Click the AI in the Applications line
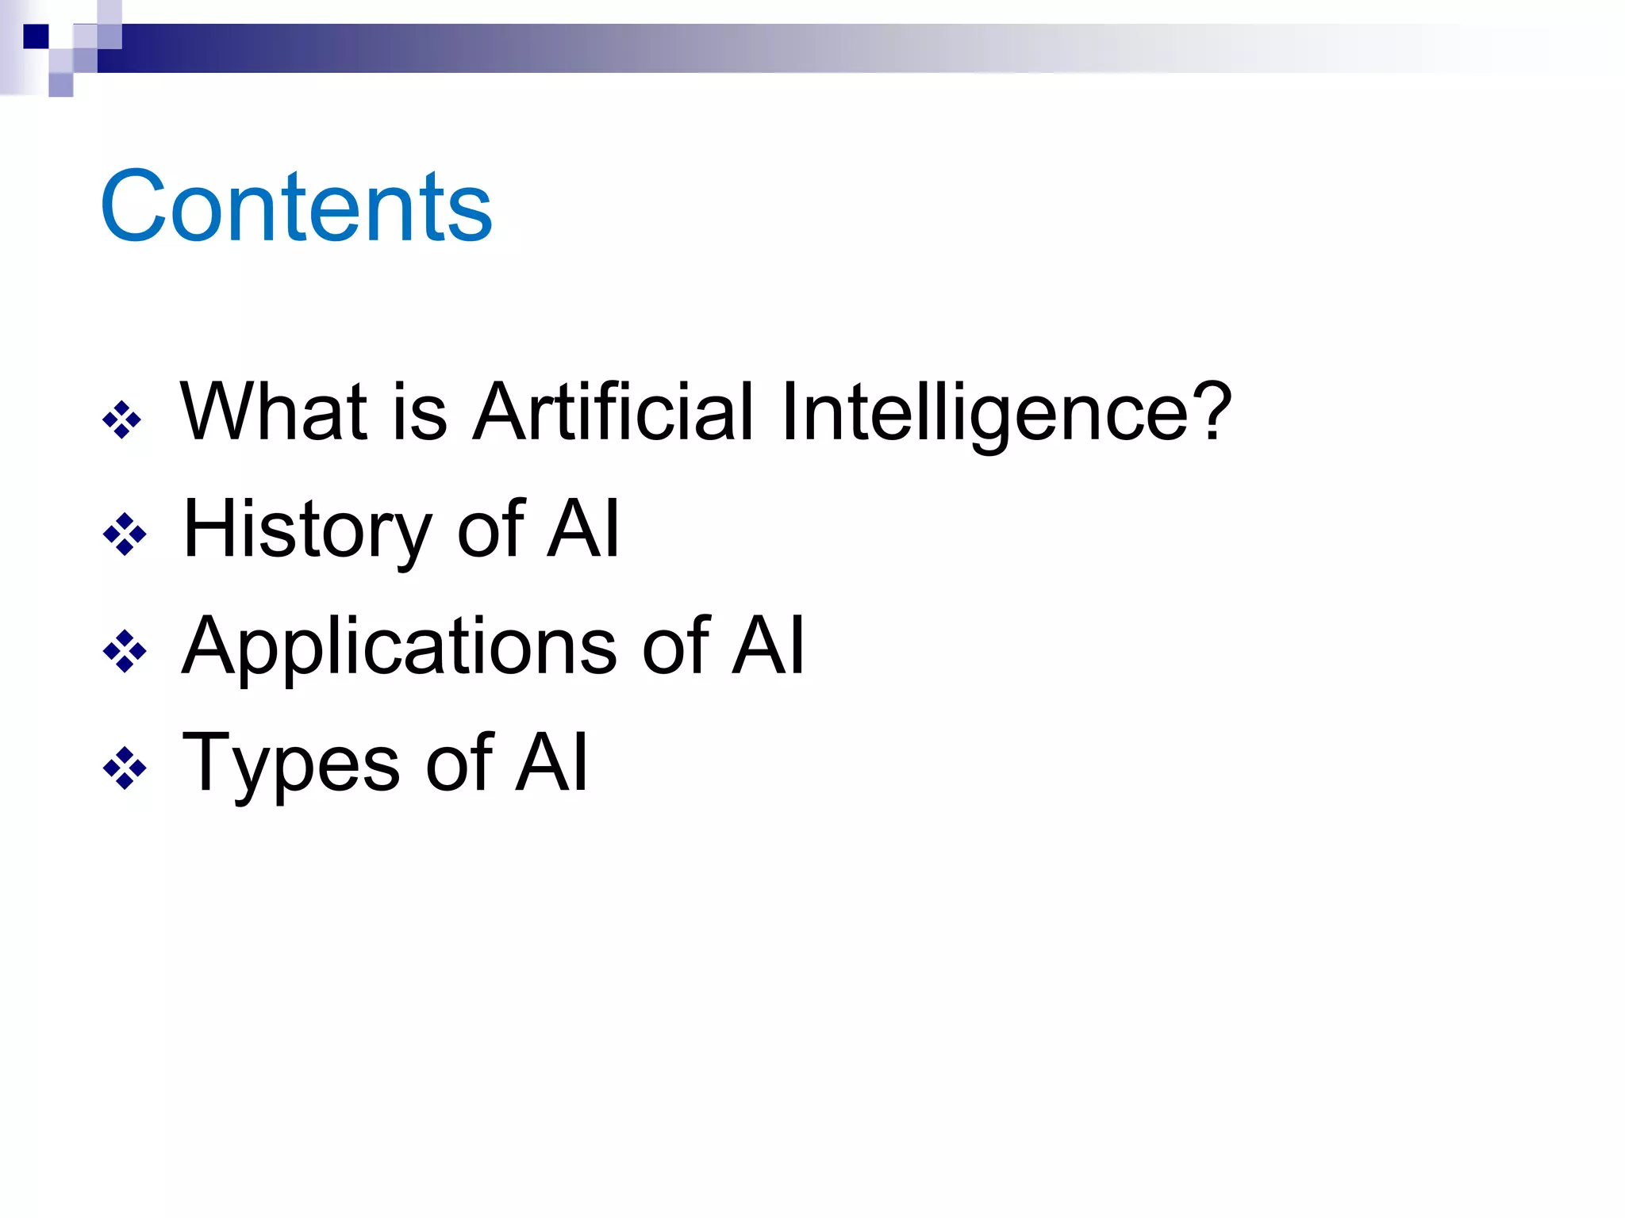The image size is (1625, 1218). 767,645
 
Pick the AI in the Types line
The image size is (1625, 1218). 551,763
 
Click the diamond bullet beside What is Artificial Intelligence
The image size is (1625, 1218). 122,419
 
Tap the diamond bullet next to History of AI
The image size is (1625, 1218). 125,534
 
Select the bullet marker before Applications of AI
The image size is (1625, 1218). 125,652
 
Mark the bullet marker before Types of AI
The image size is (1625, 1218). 125,768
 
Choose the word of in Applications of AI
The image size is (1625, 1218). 675,645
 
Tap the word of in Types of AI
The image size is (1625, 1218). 459,763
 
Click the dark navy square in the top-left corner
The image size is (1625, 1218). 36,36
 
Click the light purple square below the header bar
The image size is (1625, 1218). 61,85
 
